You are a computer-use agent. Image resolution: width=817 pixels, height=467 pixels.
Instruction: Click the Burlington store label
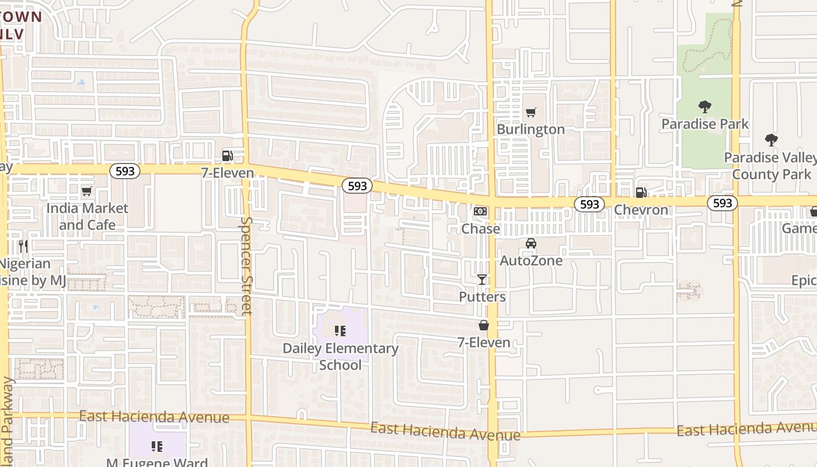(x=530, y=129)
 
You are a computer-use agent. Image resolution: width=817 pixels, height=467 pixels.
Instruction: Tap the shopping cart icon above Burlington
(x=530, y=112)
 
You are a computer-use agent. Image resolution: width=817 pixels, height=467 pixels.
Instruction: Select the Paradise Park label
(x=704, y=124)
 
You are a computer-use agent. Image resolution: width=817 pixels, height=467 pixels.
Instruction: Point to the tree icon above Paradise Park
(x=704, y=107)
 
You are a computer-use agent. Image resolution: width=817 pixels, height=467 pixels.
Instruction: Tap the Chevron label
(x=641, y=210)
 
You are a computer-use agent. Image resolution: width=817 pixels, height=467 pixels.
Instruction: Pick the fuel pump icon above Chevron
(x=641, y=192)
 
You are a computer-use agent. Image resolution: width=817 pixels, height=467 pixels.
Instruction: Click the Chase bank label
(x=480, y=228)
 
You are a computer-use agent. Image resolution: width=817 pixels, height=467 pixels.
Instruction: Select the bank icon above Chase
(x=480, y=211)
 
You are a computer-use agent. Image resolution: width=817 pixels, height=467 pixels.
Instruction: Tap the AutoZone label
(x=531, y=260)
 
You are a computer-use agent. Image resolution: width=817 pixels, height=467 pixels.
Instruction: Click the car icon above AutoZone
(x=530, y=243)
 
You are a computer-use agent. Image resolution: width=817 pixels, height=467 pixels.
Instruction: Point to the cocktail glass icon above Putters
(x=482, y=280)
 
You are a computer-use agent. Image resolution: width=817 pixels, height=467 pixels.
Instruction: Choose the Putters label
(x=482, y=297)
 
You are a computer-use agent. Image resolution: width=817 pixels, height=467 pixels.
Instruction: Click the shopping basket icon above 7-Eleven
(x=484, y=325)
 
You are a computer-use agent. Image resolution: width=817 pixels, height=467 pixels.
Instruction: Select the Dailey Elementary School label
(x=340, y=356)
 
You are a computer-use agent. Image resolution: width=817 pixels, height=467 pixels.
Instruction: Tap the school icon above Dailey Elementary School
(x=340, y=332)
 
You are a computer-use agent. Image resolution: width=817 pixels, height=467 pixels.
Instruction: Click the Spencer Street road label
(x=247, y=266)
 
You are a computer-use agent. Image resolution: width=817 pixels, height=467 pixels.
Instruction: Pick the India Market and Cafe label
(x=87, y=216)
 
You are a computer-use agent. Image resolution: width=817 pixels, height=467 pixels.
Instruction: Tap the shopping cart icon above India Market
(x=87, y=191)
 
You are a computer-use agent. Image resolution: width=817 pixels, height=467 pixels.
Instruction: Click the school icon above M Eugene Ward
(x=156, y=447)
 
